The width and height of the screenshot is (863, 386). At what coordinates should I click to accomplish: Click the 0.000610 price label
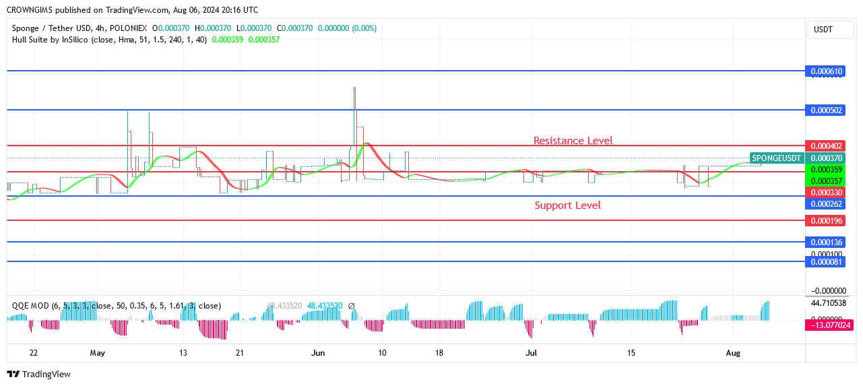pyautogui.click(x=826, y=71)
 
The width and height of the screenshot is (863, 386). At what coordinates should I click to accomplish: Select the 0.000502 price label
pyautogui.click(x=826, y=110)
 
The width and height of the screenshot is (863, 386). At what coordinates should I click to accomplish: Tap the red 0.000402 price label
pyautogui.click(x=826, y=146)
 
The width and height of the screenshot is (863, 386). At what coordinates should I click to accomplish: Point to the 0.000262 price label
pyautogui.click(x=826, y=203)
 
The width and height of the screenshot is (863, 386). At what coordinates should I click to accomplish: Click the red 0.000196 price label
pyautogui.click(x=826, y=221)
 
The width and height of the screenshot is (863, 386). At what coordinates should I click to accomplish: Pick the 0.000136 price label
pyautogui.click(x=826, y=243)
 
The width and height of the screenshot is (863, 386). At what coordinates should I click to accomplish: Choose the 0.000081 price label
pyautogui.click(x=826, y=262)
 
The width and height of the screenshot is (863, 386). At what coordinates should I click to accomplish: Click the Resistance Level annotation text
pyautogui.click(x=573, y=141)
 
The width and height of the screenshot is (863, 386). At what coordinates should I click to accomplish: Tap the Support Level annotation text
pyautogui.click(x=567, y=205)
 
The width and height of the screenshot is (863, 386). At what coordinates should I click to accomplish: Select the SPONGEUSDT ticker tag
pyautogui.click(x=777, y=158)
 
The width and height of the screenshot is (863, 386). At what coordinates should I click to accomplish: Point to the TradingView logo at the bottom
pyautogui.click(x=38, y=374)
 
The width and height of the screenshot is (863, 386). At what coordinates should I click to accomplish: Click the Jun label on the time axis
pyautogui.click(x=319, y=353)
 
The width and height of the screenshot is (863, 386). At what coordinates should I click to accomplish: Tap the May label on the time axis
pyautogui.click(x=98, y=353)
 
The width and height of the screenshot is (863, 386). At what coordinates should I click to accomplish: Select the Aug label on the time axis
pyautogui.click(x=733, y=353)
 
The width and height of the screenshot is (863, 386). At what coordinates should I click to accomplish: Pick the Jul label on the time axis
pyautogui.click(x=531, y=353)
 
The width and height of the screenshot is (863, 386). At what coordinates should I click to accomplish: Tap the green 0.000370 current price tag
pyautogui.click(x=826, y=158)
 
